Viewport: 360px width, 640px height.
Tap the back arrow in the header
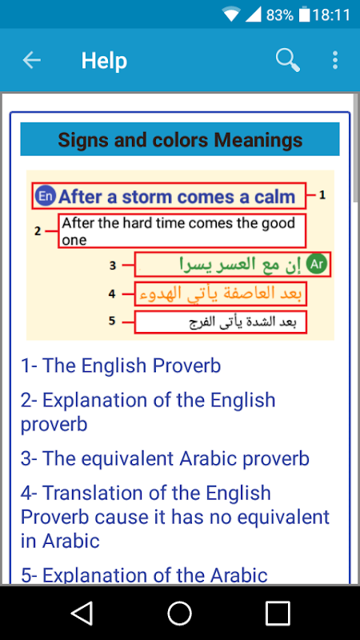(31, 61)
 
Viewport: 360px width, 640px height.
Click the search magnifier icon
(288, 61)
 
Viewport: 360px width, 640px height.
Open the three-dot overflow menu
(335, 61)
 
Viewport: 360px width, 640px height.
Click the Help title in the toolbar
(104, 61)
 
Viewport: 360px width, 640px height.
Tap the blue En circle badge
(45, 196)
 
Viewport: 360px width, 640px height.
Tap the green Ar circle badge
(317, 265)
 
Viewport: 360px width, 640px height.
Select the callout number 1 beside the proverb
(322, 195)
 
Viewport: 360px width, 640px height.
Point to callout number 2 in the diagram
(38, 231)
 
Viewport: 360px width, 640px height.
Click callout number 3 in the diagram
(113, 266)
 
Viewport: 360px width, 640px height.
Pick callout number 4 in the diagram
(112, 294)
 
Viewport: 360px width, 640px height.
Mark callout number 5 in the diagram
(112, 322)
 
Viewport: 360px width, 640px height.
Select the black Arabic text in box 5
(243, 322)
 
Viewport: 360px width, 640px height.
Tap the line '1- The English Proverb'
(121, 366)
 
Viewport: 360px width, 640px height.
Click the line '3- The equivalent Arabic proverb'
(165, 458)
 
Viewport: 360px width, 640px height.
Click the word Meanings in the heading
(258, 140)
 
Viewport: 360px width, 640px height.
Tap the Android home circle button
(179, 613)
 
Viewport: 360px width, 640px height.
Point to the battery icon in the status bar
(305, 15)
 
